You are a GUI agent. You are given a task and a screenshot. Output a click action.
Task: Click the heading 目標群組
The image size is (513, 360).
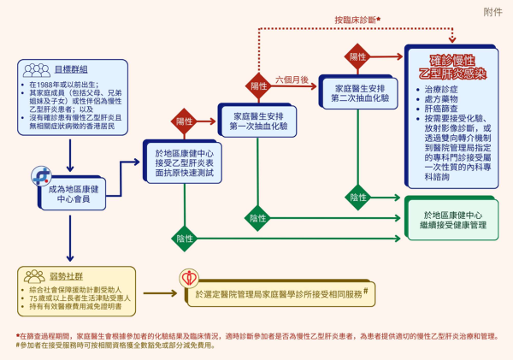(70, 69)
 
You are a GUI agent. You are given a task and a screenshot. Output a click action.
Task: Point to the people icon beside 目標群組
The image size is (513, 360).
(36, 68)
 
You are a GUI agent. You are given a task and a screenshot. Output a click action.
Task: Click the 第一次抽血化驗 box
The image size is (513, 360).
(256, 121)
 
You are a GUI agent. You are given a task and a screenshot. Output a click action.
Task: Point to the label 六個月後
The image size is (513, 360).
(292, 80)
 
